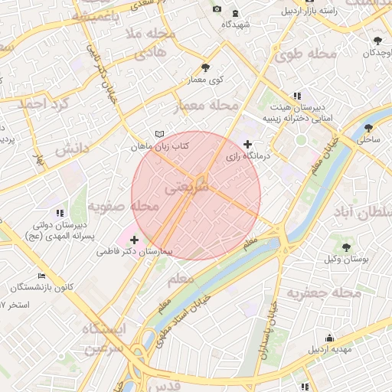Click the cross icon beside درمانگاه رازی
247,144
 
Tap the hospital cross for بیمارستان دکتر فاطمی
135,240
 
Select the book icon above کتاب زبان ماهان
159,134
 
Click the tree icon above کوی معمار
205,68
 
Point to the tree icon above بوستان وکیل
347,247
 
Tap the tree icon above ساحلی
368,128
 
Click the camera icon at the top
217,8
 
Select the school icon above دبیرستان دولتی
59,213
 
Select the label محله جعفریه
324,293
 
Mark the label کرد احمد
44,103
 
